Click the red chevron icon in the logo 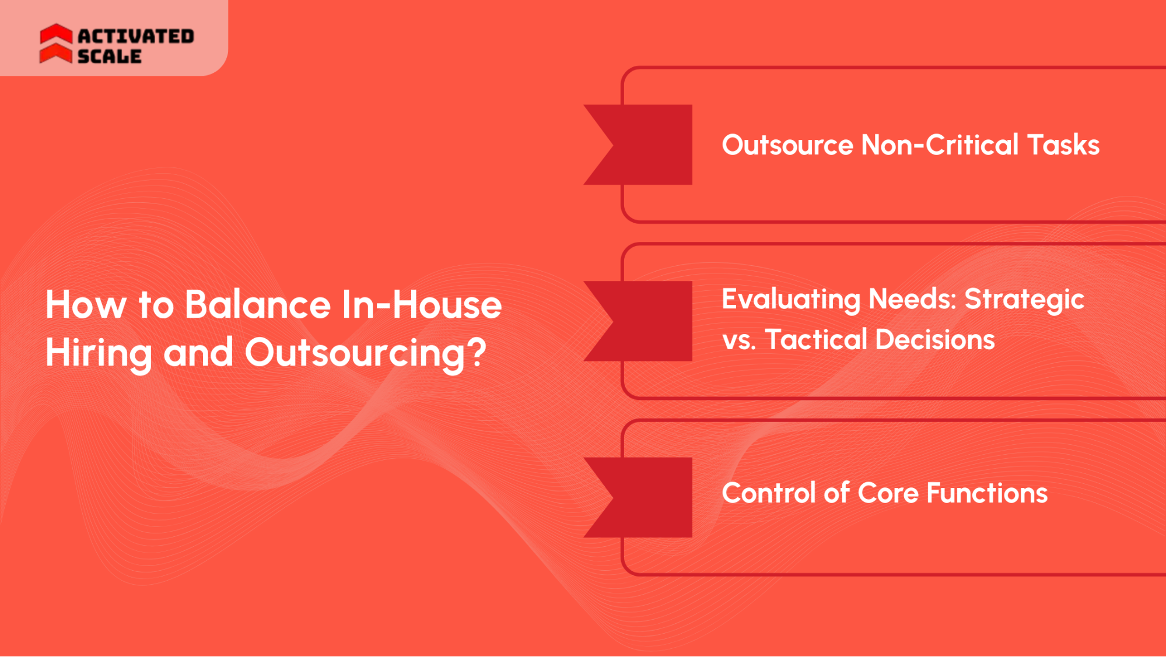56,44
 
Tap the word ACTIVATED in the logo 136,36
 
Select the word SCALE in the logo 110,57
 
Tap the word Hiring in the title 98,353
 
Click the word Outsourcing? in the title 365,353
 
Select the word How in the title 86,304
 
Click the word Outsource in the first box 787,145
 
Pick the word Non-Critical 940,145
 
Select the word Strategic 1024,300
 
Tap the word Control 768,493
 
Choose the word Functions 987,493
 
